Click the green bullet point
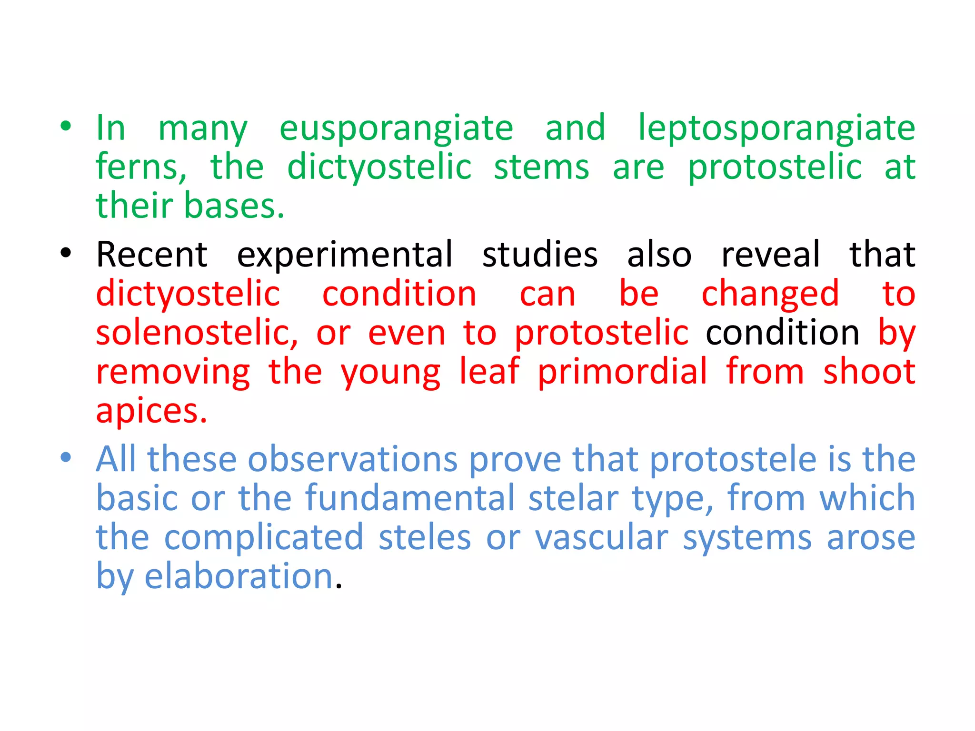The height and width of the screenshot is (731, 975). click(66, 127)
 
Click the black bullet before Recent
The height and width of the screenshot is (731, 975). click(66, 253)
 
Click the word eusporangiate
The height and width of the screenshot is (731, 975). click(396, 128)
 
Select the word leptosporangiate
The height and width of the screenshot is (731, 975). click(776, 128)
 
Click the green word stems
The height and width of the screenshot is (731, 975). click(541, 167)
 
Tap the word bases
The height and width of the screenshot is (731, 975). click(234, 206)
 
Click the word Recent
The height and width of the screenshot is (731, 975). click(151, 255)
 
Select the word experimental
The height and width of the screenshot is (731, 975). click(345, 256)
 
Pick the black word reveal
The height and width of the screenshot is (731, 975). click(770, 255)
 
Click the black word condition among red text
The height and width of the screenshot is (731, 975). click(782, 333)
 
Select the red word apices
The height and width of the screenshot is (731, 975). click(151, 412)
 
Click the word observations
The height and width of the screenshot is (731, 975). click(352, 459)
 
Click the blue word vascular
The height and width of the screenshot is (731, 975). click(601, 538)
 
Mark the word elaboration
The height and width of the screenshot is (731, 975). click(239, 576)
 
